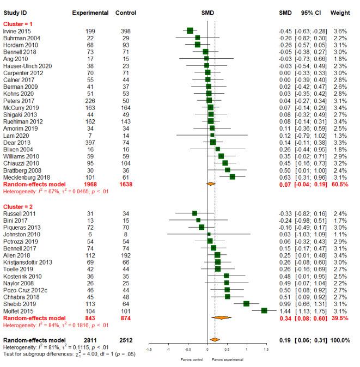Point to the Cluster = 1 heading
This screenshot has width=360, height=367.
coord(19,23)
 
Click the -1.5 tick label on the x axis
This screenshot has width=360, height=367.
coord(149,348)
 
